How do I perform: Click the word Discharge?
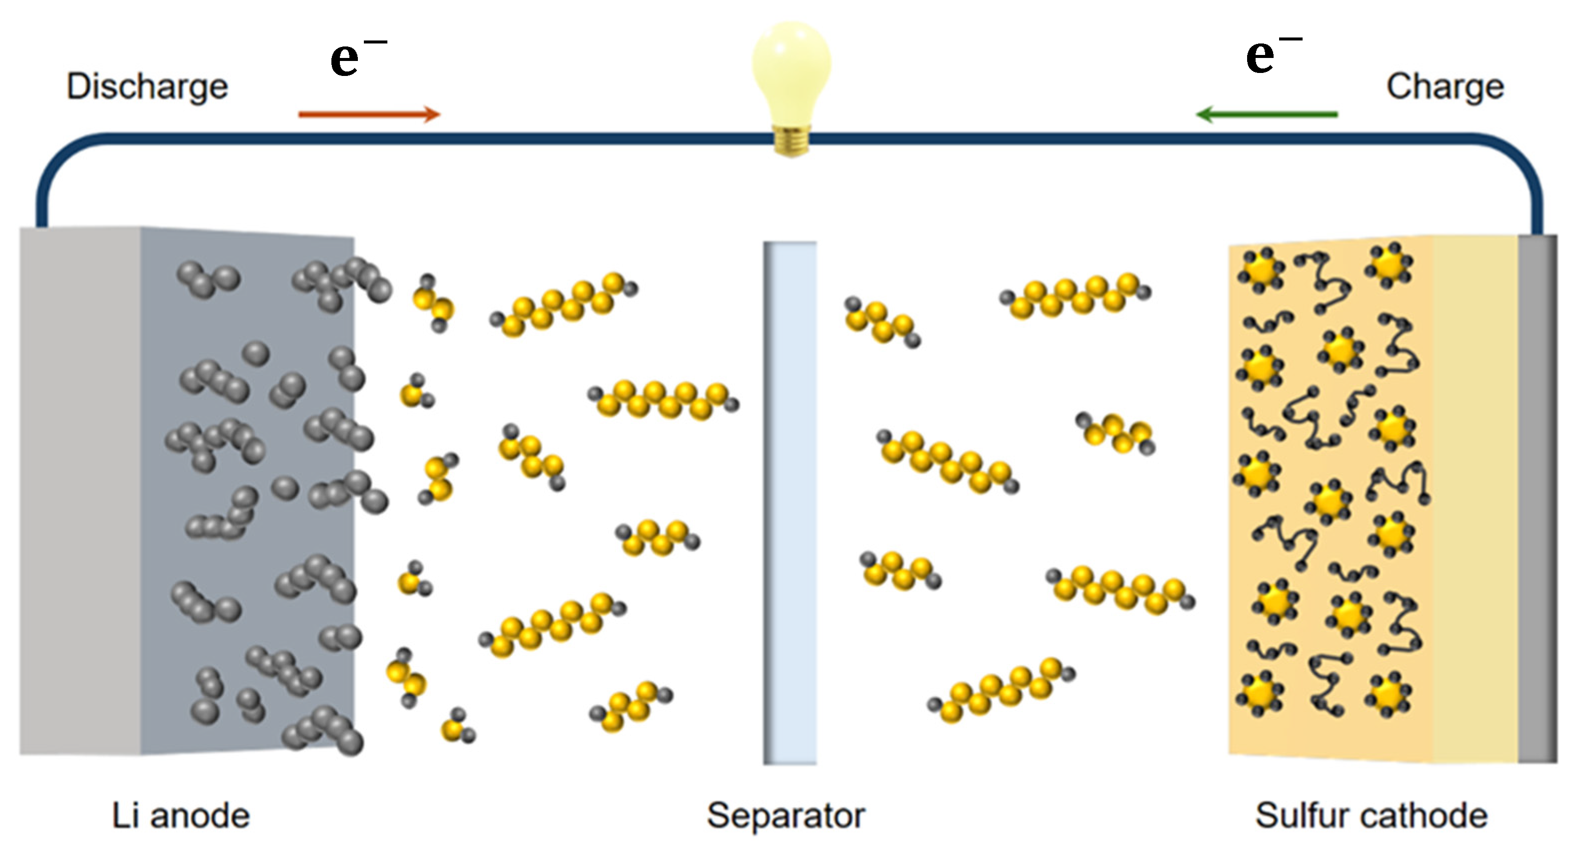click(x=147, y=87)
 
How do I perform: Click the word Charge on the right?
click(x=1445, y=87)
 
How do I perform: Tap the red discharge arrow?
click(x=369, y=114)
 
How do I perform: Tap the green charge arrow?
click(x=1267, y=114)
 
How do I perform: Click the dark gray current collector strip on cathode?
click(x=1537, y=498)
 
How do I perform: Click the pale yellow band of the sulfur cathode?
click(x=1475, y=498)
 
